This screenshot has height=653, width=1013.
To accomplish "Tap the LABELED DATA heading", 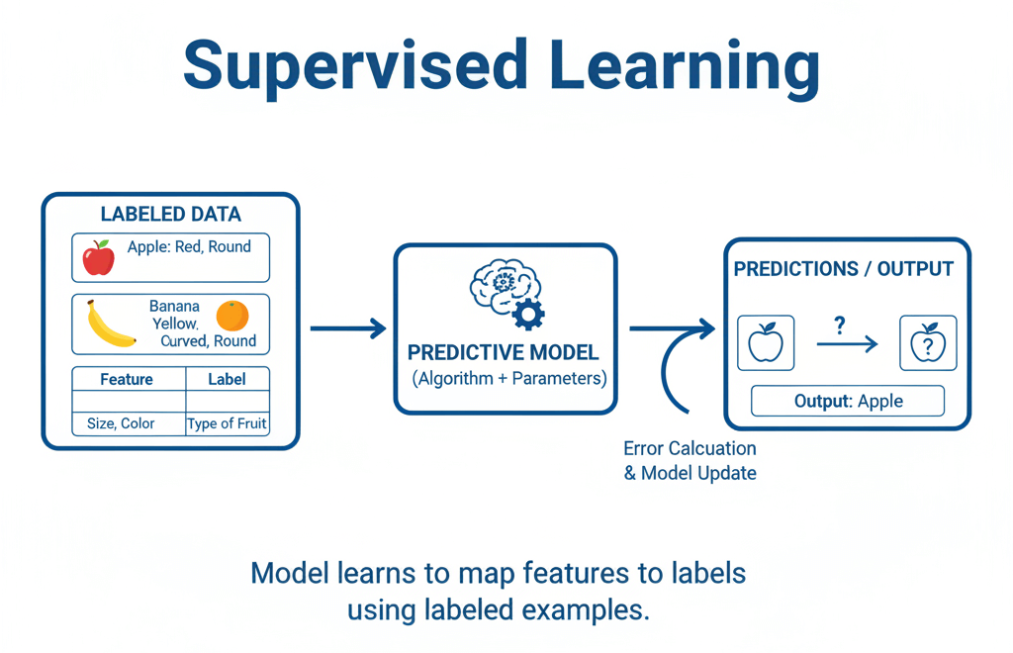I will click(170, 215).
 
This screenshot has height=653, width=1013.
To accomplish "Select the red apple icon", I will click(98, 257).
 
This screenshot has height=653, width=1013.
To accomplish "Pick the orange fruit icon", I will click(232, 316).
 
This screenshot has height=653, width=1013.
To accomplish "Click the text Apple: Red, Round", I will click(189, 247).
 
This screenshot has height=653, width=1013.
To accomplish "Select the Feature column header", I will click(127, 379).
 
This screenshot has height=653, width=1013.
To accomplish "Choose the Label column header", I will click(227, 379).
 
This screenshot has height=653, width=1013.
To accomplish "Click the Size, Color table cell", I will click(121, 423).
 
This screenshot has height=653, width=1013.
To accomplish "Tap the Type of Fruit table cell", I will click(227, 423).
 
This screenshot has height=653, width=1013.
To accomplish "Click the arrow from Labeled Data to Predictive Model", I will click(348, 328).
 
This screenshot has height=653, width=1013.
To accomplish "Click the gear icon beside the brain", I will click(528, 314).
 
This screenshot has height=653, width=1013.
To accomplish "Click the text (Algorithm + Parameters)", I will click(506, 379).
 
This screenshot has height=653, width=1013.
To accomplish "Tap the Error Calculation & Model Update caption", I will click(690, 461).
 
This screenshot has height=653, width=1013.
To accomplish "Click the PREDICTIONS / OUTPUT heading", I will click(843, 269).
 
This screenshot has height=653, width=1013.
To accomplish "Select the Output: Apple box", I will click(848, 401).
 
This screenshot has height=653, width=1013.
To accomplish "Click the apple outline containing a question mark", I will click(928, 343).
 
